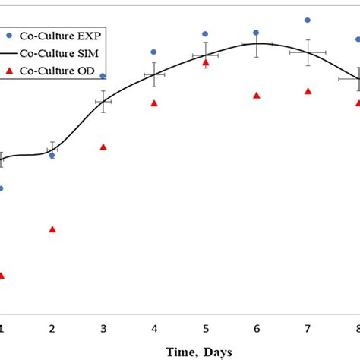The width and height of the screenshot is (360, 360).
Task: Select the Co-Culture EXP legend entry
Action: pos(53,35)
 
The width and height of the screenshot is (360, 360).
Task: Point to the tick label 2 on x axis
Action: pos(52,328)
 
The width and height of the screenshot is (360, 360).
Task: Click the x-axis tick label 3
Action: pos(103,328)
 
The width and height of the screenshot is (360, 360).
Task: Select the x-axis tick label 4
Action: pos(154,328)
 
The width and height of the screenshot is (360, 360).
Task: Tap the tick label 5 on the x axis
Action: pos(205,328)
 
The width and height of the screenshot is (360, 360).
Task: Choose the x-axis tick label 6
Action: pos(257,328)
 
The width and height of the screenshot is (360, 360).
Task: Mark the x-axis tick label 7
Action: pos(308,328)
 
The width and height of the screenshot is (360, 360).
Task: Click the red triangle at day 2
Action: pos(52,229)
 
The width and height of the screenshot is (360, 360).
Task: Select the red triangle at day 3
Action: pos(103,147)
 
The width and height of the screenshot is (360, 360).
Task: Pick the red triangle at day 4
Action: pos(154,103)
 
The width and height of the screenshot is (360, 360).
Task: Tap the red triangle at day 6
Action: pos(257,95)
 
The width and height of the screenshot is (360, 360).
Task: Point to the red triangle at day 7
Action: pos(308,91)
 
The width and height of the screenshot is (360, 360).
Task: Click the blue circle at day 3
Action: pos(103,76)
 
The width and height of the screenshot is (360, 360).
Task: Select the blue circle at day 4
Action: pos(154,52)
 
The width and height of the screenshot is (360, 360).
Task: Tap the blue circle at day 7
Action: pos(308,20)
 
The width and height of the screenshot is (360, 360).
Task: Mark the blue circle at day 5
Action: pos(205,34)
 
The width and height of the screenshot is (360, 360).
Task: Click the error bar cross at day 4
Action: pos(154,74)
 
